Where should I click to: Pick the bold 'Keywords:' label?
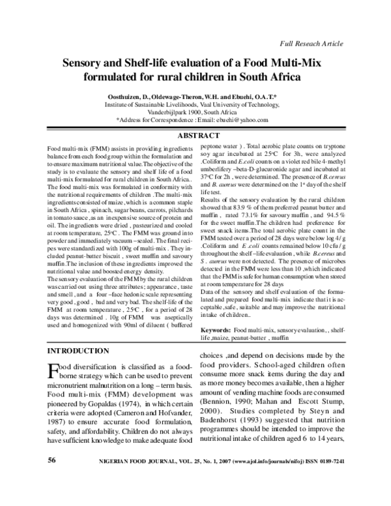click(x=215, y=332)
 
